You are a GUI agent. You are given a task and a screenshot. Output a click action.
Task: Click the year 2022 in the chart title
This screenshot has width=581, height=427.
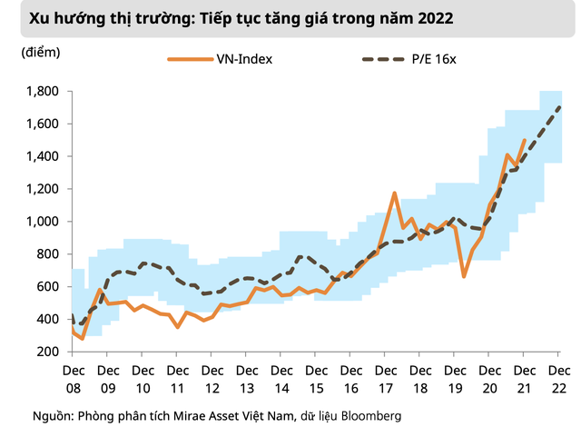(432, 17)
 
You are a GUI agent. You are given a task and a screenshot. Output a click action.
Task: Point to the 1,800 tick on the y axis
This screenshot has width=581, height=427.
(41, 92)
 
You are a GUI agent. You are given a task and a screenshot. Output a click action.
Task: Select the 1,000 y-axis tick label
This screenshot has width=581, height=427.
(41, 222)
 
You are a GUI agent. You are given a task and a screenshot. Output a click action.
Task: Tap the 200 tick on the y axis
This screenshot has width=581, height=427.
(47, 352)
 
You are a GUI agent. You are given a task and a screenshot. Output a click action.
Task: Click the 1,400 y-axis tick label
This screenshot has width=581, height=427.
(41, 156)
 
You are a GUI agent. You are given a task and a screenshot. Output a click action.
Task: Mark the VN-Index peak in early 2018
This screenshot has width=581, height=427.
(395, 193)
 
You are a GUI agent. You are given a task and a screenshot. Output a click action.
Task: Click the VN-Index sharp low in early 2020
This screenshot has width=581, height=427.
(464, 275)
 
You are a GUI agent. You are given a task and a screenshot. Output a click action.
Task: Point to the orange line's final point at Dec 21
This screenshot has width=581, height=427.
(525, 140)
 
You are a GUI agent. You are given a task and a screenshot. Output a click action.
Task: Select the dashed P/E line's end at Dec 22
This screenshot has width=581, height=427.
(560, 107)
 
